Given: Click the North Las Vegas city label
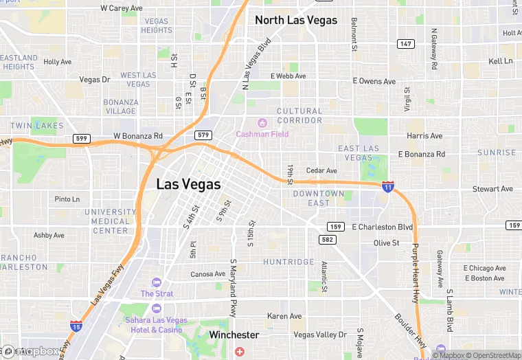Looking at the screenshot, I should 296,20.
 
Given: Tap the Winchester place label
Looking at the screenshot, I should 234,335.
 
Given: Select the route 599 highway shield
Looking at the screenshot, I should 82,139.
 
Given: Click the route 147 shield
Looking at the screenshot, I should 406,44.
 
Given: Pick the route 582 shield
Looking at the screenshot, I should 327,239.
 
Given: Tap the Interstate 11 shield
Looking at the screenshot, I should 388,186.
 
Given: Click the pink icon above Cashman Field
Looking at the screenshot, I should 242,122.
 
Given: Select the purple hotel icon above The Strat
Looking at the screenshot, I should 157,282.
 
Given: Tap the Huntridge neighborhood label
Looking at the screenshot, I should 288,262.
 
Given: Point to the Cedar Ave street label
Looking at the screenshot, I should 321,170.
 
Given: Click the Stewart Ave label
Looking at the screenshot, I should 492,188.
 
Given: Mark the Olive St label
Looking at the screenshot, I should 386,243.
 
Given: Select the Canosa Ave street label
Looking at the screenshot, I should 207,274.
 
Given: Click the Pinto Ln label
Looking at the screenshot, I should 67,199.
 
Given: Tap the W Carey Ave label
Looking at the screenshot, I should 121,8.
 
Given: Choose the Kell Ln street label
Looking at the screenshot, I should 500,61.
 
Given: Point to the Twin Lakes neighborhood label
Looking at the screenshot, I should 37,126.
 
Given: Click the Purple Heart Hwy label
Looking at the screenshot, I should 415,273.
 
